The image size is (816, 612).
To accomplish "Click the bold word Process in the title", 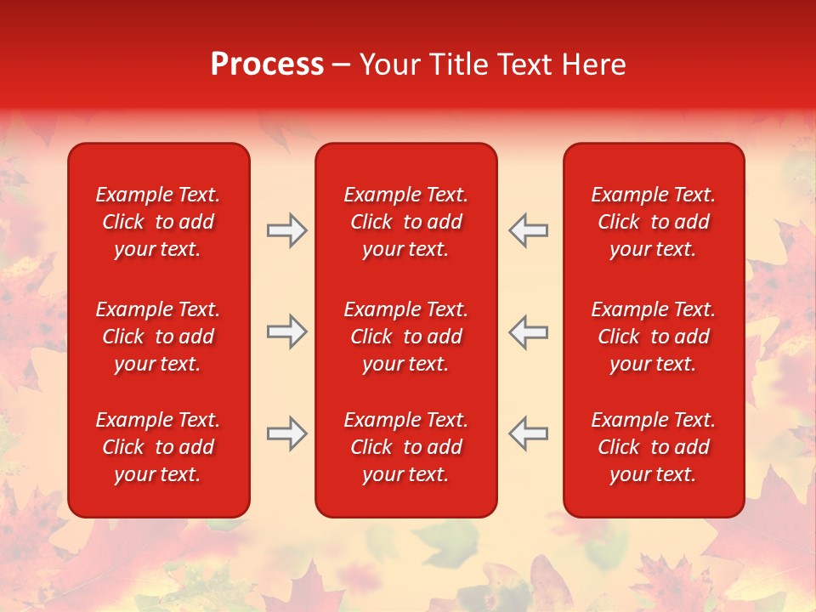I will (267, 65).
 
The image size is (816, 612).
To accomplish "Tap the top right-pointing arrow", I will (286, 230).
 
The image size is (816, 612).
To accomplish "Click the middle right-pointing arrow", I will (286, 331).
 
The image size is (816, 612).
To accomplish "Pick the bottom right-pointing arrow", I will (286, 433).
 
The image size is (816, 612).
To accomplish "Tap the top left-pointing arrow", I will (528, 230).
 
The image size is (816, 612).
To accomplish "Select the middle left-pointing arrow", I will (528, 331).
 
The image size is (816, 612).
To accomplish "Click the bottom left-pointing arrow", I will (528, 433).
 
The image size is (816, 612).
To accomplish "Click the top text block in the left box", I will (158, 222).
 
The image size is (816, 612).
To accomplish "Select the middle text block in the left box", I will (158, 337).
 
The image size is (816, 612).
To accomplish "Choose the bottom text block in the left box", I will (158, 447).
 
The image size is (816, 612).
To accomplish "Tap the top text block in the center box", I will (406, 222).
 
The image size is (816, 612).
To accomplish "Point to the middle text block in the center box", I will (406, 337).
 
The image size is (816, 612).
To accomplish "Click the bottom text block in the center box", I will (406, 447).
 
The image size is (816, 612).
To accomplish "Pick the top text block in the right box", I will (654, 222).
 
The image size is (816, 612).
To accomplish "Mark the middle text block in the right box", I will (654, 337).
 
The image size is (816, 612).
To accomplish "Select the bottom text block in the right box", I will (654, 447).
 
